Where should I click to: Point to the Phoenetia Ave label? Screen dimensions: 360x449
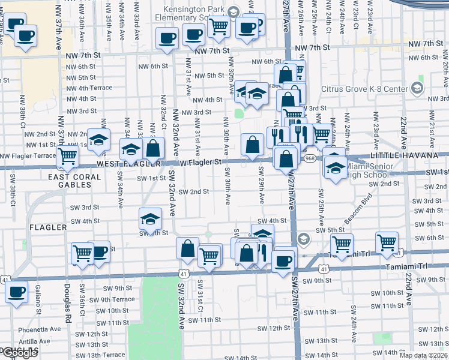[x=40, y=329]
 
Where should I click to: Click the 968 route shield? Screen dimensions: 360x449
[x=310, y=158]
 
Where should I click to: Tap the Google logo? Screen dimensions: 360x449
[x=19, y=353]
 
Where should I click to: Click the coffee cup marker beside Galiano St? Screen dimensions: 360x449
[x=17, y=292]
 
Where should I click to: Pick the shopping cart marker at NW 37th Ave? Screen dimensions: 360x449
[x=68, y=156]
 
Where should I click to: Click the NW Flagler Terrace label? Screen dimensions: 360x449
[x=28, y=156]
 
